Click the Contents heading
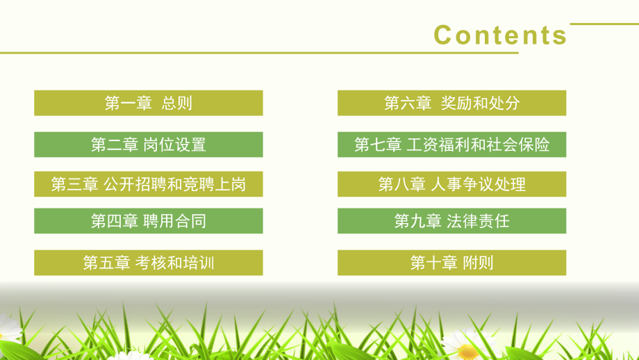[x=500, y=35]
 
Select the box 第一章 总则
[x=149, y=103]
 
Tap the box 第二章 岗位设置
[x=149, y=145]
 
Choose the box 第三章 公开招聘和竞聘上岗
[x=149, y=184]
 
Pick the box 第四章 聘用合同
[x=149, y=221]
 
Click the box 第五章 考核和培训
[x=149, y=263]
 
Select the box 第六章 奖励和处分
[x=451, y=103]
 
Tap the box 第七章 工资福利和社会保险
[x=451, y=145]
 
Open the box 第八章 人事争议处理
[x=451, y=184]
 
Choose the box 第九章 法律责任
[x=451, y=221]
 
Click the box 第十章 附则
[x=451, y=263]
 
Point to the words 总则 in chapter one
[x=176, y=104]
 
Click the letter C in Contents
[x=444, y=35]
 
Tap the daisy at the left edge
[x=7, y=327]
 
